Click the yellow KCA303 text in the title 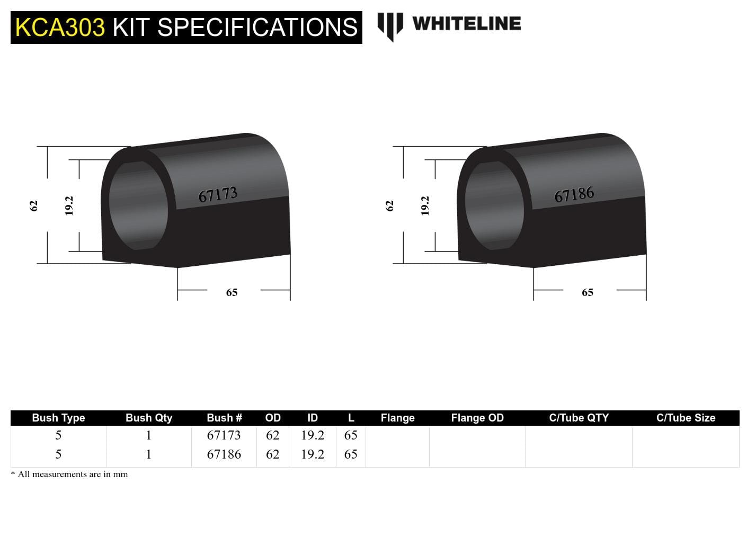coord(60,28)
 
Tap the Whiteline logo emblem coord(390,25)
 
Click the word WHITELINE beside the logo coord(466,23)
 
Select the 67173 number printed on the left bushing coord(218,195)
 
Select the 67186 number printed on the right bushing coord(574,195)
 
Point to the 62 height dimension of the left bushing coord(34,205)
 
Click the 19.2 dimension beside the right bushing coord(425,205)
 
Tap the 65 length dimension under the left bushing coord(232,292)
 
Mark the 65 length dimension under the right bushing coord(588,292)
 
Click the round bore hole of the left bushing coord(138,205)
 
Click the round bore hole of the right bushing coord(494,205)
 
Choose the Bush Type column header coord(58,418)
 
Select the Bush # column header coord(224,418)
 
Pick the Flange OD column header coord(477,418)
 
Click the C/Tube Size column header coord(686,418)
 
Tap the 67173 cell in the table coord(224,435)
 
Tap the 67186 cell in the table coord(224,454)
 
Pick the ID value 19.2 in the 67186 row coord(313,454)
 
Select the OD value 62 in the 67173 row coord(272,435)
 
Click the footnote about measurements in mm coord(70,474)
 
